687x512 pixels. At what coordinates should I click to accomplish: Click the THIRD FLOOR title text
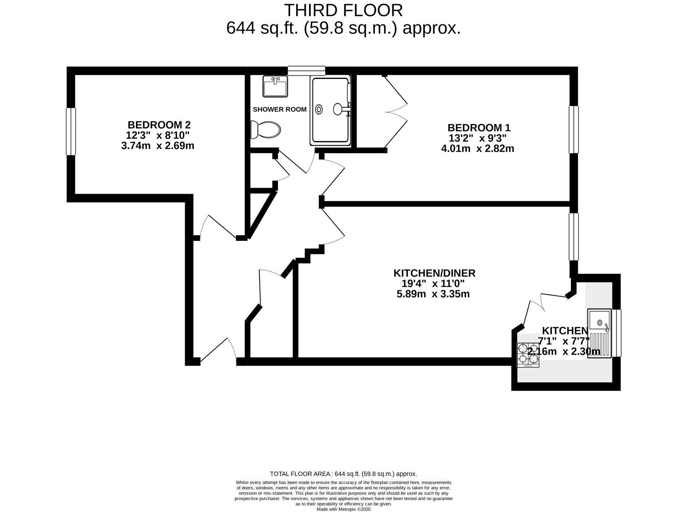[343, 10]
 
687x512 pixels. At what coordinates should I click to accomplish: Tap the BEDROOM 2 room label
[159, 125]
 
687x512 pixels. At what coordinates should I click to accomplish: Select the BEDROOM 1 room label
[479, 127]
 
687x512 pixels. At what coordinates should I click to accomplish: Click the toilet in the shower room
[266, 130]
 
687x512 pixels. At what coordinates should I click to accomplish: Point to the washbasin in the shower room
[275, 86]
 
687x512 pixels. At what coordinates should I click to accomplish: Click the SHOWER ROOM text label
[279, 109]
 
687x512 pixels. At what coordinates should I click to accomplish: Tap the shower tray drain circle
[319, 109]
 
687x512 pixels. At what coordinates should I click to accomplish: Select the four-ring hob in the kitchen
[528, 355]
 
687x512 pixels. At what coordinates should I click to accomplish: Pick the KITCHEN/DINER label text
[434, 273]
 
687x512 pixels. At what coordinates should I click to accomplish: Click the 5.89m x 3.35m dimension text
[433, 294]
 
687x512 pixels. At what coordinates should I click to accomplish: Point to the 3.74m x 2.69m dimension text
[158, 146]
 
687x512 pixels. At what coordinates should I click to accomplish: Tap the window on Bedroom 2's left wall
[71, 132]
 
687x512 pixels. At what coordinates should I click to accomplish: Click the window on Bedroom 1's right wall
[574, 130]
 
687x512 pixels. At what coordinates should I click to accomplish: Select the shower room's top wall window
[306, 71]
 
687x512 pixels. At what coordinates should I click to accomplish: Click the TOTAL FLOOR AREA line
[343, 474]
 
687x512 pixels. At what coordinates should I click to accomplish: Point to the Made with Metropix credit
[343, 509]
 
